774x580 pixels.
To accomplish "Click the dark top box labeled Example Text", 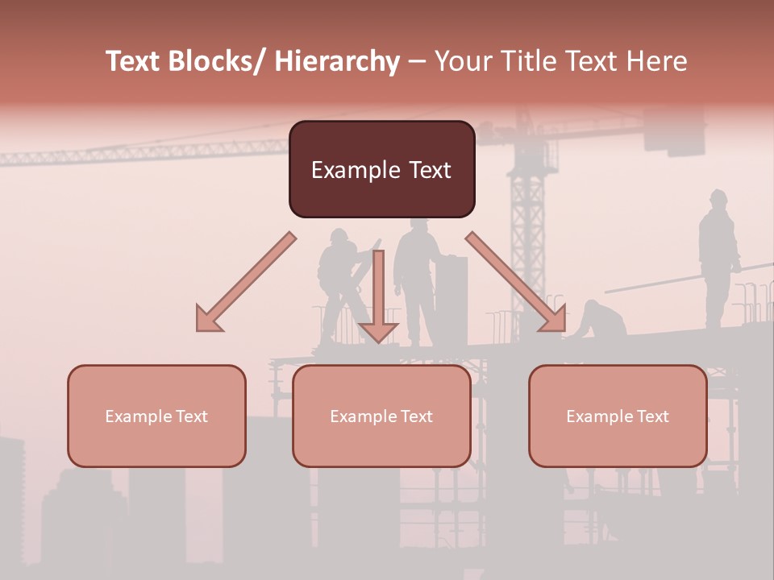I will pos(381,169).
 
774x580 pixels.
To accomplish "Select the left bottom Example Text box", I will pos(156,416).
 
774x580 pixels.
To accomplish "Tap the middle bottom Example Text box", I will pos(381,416).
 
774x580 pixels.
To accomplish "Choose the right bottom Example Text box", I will pos(618,416).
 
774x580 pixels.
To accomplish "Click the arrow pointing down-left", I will pos(245,283).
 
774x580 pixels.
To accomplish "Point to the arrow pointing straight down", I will pos(378,298).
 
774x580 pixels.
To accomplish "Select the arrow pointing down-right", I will pos(516,282).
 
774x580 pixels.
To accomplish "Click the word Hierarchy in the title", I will pos(336,61).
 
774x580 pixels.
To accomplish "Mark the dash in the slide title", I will pos(417,61).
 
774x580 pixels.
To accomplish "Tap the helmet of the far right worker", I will pos(718,196).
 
